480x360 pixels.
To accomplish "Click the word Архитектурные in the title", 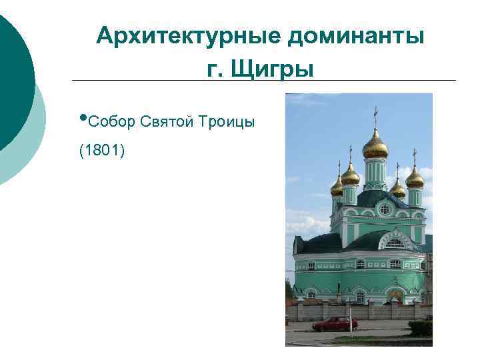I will click(x=189, y=36).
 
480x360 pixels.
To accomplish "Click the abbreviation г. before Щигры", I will click(x=217, y=68).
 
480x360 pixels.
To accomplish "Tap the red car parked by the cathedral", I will click(x=335, y=324).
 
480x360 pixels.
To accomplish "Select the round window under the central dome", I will click(x=384, y=209).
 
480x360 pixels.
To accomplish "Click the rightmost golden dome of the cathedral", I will click(x=415, y=177).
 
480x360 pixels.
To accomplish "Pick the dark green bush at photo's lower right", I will click(x=421, y=327).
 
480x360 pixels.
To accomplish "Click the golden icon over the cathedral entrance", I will click(x=396, y=294).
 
